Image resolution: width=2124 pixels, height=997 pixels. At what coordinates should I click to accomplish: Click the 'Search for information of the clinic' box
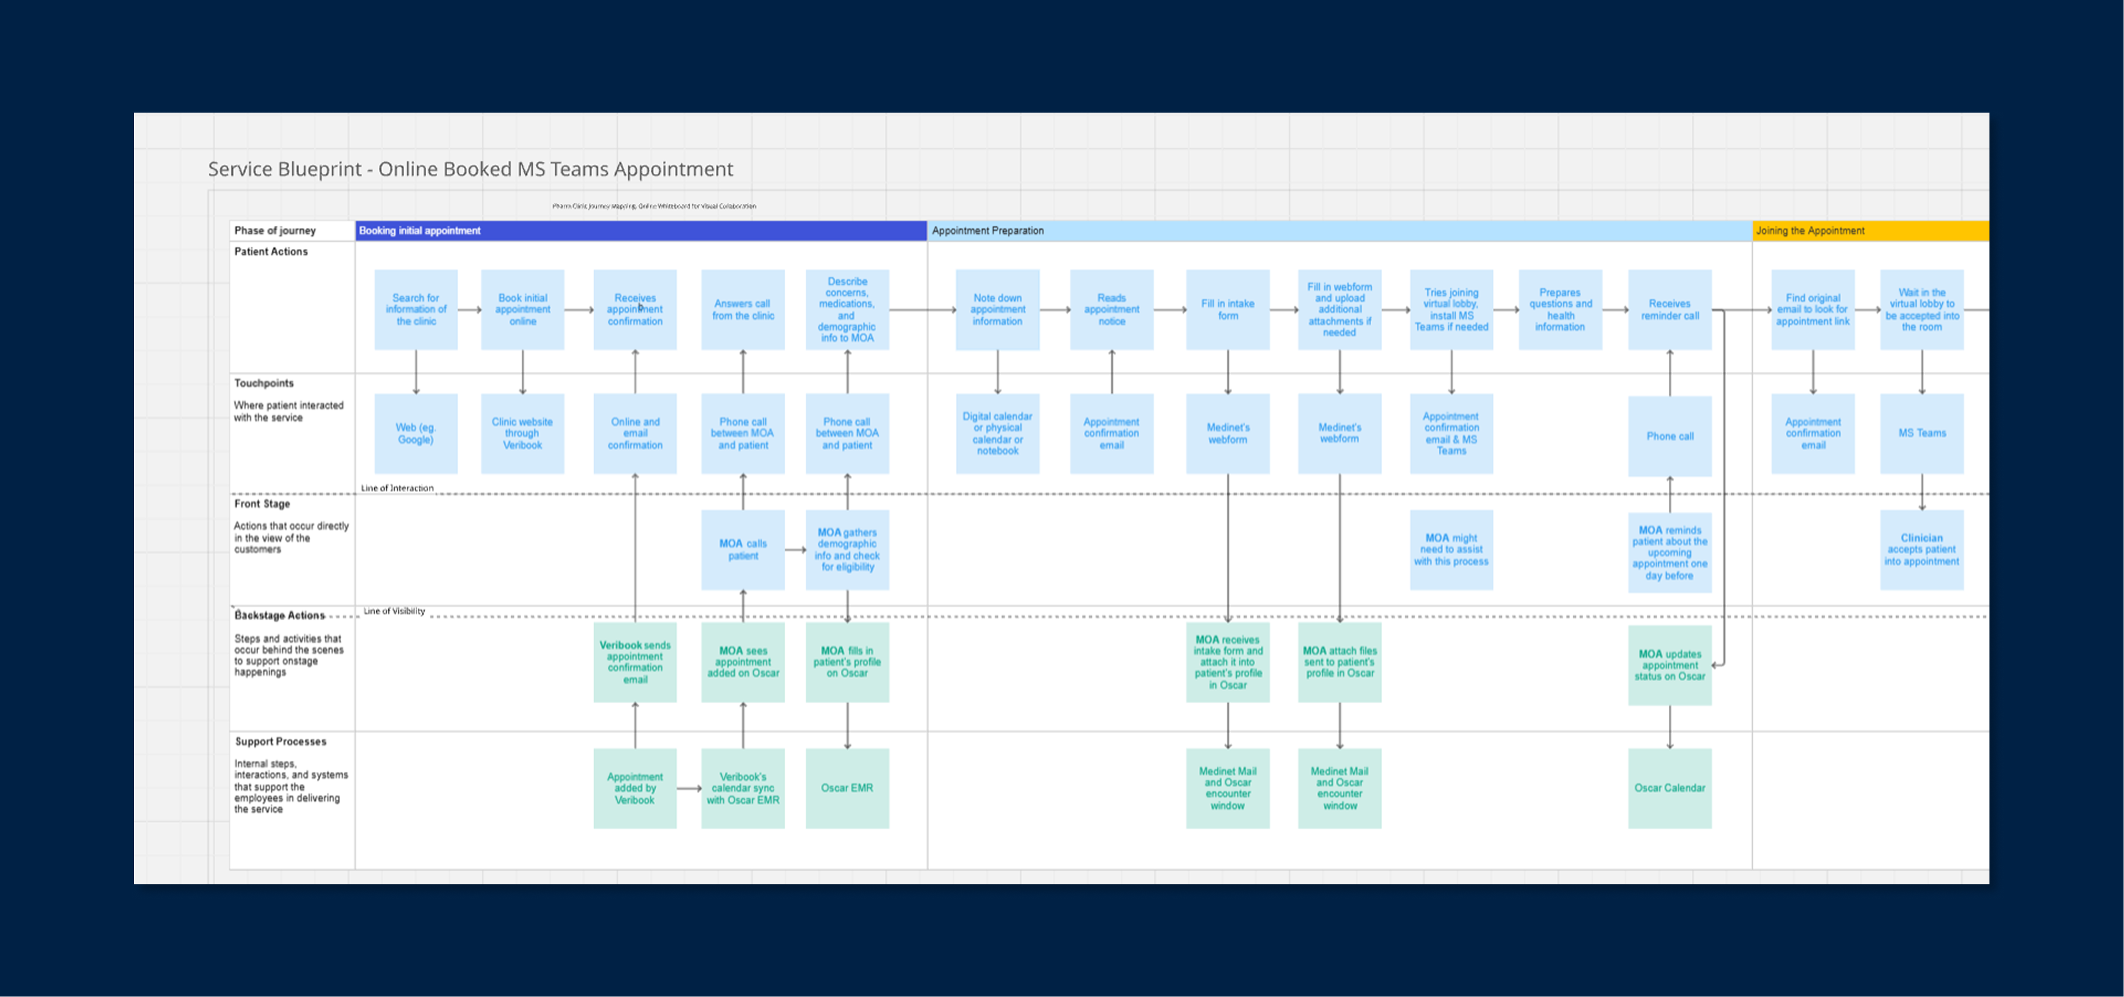click(x=416, y=309)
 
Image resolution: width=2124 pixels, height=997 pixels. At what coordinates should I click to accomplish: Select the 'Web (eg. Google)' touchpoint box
click(x=416, y=433)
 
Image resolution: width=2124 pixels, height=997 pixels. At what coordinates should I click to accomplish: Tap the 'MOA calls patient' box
click(x=742, y=549)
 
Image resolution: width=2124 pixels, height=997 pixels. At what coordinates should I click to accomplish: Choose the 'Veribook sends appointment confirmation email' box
click(x=635, y=661)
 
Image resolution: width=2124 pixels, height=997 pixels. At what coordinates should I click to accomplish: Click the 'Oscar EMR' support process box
click(x=847, y=788)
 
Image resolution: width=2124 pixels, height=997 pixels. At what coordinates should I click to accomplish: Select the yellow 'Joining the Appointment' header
click(x=1810, y=231)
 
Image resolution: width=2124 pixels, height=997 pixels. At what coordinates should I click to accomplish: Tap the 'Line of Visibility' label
click(x=394, y=611)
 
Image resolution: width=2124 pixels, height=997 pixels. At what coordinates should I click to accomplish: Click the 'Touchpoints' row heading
click(x=264, y=383)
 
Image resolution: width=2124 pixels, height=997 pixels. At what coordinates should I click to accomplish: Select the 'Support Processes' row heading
click(x=281, y=742)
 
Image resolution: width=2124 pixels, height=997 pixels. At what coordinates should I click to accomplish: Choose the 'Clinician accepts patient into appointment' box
click(x=1921, y=549)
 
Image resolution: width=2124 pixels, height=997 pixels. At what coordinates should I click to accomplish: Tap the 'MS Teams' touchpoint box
click(x=1921, y=433)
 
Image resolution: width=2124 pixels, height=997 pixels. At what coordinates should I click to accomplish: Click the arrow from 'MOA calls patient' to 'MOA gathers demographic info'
click(x=795, y=549)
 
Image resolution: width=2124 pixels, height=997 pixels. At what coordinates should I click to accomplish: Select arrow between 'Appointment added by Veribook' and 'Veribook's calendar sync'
click(x=689, y=788)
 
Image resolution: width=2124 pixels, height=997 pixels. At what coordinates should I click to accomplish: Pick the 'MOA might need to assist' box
click(x=1451, y=549)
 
